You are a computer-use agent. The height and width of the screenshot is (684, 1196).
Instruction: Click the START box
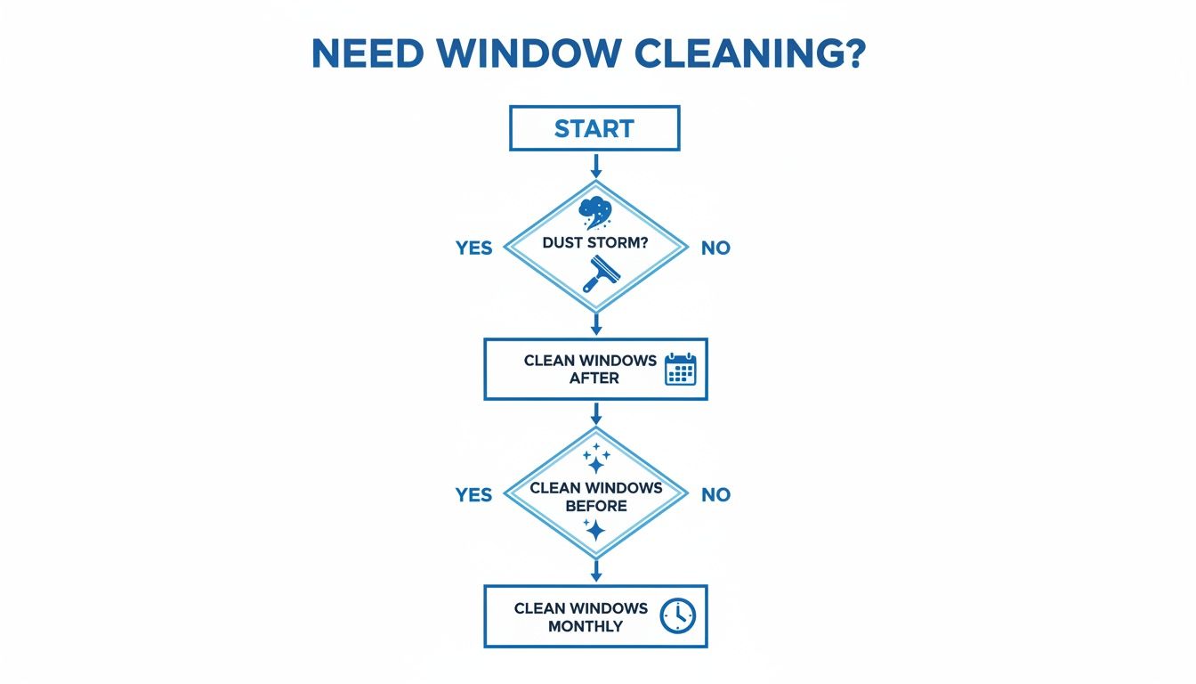coord(594,128)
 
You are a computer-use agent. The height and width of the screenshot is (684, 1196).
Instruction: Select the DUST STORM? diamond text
coord(595,243)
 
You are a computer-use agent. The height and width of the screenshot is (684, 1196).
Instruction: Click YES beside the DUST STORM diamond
coord(473,248)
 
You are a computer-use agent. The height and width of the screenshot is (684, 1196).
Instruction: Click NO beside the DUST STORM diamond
coord(715,248)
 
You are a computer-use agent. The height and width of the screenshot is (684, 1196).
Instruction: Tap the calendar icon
coord(681,369)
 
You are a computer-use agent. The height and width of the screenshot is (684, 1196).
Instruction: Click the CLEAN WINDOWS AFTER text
coord(590,369)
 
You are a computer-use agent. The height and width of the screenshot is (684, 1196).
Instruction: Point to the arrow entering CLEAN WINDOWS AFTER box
coord(595,324)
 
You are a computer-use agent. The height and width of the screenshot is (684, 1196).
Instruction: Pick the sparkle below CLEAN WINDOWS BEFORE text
coord(594,531)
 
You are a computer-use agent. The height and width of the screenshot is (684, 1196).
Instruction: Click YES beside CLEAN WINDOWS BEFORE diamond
coord(473,494)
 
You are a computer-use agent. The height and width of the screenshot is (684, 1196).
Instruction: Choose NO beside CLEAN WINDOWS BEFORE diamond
coord(715,494)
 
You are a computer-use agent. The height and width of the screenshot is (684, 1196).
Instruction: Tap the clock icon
coord(677,615)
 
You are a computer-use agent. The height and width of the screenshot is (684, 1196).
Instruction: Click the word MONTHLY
coord(586,626)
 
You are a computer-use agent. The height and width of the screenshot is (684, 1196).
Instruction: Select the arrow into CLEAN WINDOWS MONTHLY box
coord(595,571)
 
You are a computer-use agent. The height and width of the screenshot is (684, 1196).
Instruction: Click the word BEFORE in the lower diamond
coord(595,506)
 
